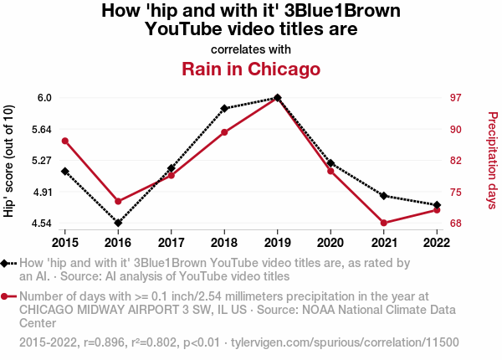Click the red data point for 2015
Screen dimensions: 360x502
click(x=65, y=141)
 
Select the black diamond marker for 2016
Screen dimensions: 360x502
click(x=118, y=223)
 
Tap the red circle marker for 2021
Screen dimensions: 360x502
click(x=384, y=223)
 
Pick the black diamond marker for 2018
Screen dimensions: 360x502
click(x=224, y=109)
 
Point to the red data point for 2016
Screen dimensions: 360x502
click(x=118, y=201)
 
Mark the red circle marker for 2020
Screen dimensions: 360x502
click(x=331, y=171)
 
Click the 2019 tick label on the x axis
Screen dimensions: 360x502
click(x=278, y=243)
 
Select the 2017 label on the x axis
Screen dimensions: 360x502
click(x=171, y=243)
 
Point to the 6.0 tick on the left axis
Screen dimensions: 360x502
click(x=44, y=98)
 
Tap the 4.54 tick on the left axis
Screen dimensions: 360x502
click(x=40, y=224)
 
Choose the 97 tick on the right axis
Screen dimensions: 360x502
click(x=456, y=98)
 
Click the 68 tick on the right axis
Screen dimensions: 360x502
click(x=456, y=224)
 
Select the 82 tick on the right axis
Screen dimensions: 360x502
click(x=456, y=161)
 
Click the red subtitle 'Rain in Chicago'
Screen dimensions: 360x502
click(x=251, y=69)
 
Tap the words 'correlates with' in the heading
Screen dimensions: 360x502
click(x=251, y=49)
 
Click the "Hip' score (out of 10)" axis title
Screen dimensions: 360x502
click(x=9, y=161)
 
